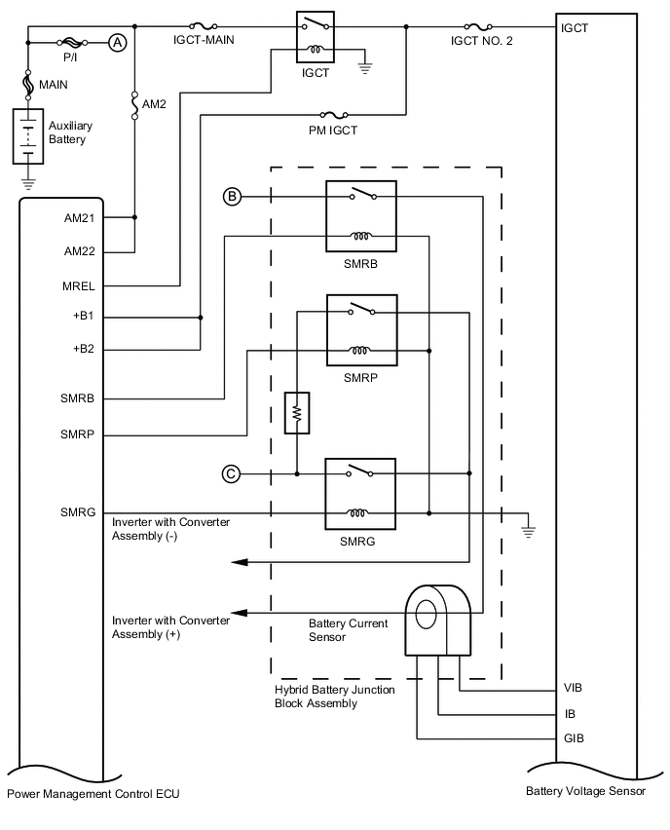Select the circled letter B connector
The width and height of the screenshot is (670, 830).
click(232, 197)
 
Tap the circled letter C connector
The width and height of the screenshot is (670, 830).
click(231, 473)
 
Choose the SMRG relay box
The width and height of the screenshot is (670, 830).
click(360, 493)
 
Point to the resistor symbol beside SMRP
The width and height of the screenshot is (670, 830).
click(296, 412)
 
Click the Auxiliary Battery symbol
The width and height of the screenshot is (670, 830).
click(28, 136)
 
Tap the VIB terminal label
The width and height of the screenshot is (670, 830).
click(573, 688)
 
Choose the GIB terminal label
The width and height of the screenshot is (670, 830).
click(573, 738)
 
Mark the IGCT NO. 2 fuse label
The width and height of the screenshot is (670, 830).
click(485, 42)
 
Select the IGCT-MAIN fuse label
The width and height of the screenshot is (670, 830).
click(203, 40)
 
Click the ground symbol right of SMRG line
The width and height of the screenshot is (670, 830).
click(529, 530)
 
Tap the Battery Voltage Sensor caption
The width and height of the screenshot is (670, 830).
click(585, 792)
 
